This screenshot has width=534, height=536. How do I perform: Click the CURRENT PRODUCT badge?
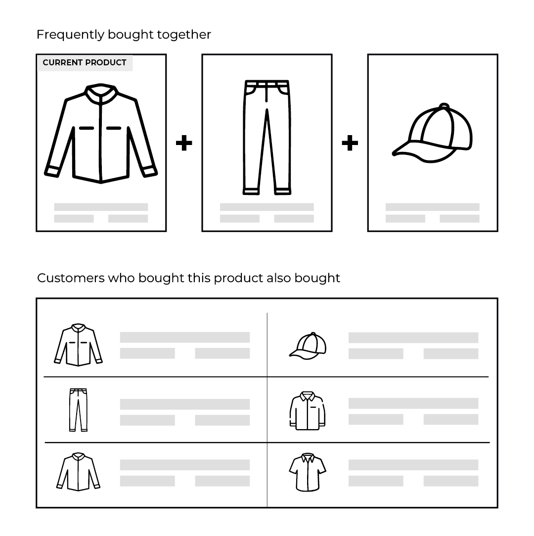click(x=85, y=62)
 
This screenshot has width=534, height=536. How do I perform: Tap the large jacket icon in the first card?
click(x=101, y=133)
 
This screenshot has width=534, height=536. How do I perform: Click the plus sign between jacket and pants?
click(x=184, y=143)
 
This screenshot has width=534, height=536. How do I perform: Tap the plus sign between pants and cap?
click(x=350, y=143)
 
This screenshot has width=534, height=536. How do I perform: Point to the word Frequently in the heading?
click(x=70, y=35)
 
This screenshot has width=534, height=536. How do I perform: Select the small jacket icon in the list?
click(x=78, y=345)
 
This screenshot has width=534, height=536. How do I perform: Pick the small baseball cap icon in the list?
click(x=308, y=346)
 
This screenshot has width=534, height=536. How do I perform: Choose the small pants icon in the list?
click(x=78, y=410)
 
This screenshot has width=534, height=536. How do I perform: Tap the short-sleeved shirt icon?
click(x=308, y=473)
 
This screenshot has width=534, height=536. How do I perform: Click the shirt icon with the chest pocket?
click(x=308, y=411)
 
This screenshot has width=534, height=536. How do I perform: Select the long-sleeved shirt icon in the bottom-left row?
click(x=78, y=472)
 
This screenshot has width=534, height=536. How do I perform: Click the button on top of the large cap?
click(x=444, y=106)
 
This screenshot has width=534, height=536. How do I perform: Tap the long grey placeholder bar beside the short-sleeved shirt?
click(x=413, y=465)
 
